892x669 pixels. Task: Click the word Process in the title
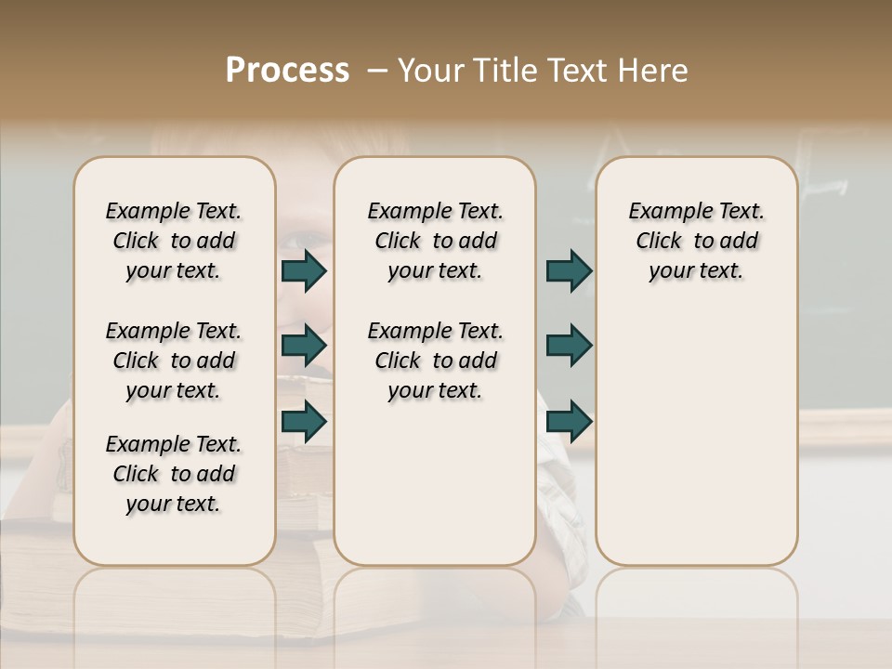pyautogui.click(x=287, y=71)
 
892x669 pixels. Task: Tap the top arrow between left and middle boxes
pyautogui.click(x=304, y=270)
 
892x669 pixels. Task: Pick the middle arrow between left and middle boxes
pyautogui.click(x=304, y=346)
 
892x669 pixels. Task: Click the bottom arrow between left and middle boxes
pyautogui.click(x=304, y=422)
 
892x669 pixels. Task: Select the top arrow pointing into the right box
pyautogui.click(x=569, y=270)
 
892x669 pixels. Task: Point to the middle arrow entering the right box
pyautogui.click(x=569, y=346)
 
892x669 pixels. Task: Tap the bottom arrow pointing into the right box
pyautogui.click(x=569, y=422)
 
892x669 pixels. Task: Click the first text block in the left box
pyautogui.click(x=174, y=241)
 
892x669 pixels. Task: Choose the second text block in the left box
pyautogui.click(x=174, y=361)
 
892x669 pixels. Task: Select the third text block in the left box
pyautogui.click(x=174, y=474)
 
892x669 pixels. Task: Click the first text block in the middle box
pyautogui.click(x=435, y=241)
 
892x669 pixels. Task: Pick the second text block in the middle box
pyautogui.click(x=435, y=361)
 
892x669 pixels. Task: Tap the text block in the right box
pyautogui.click(x=696, y=241)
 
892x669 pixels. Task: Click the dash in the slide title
pyautogui.click(x=376, y=71)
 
